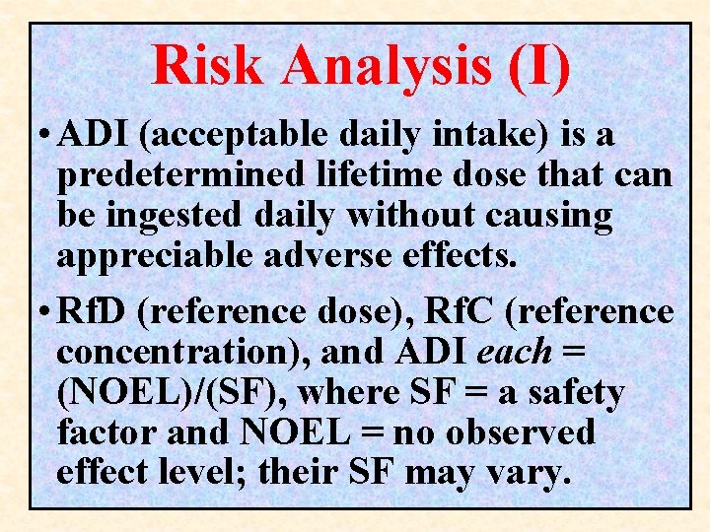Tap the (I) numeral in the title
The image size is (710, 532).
(540, 67)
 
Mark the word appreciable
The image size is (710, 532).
(155, 256)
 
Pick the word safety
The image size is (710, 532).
(576, 392)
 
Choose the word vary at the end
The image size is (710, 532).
(532, 473)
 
